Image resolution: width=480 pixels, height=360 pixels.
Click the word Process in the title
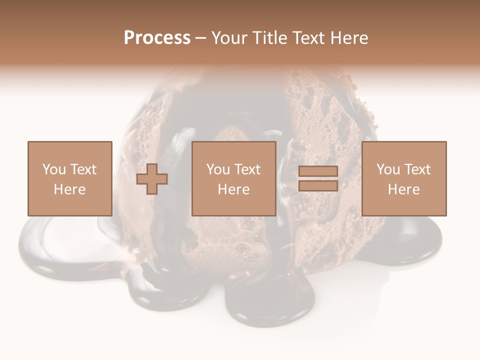click(x=157, y=38)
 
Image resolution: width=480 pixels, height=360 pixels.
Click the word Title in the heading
click(x=269, y=38)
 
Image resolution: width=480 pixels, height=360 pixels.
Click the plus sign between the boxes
click(x=152, y=179)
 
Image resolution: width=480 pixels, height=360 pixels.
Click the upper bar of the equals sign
click(x=318, y=171)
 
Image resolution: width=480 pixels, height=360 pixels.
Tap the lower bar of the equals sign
click(x=318, y=185)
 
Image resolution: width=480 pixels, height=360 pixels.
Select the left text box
click(x=70, y=178)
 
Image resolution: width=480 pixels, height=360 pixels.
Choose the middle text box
click(x=234, y=178)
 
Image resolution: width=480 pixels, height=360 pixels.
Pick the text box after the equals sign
click(x=404, y=178)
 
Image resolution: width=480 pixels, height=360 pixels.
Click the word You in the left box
click(x=54, y=169)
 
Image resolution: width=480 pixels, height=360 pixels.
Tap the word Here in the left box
click(x=70, y=189)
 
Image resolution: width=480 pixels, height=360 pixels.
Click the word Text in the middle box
click(x=247, y=169)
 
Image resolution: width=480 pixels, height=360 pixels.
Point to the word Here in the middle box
click(x=234, y=189)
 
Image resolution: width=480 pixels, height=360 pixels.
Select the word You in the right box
click(x=388, y=169)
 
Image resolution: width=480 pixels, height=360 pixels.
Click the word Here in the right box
click(x=404, y=189)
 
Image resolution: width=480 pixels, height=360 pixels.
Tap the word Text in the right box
click(x=417, y=169)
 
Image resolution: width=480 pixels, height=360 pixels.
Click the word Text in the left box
click(x=83, y=169)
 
